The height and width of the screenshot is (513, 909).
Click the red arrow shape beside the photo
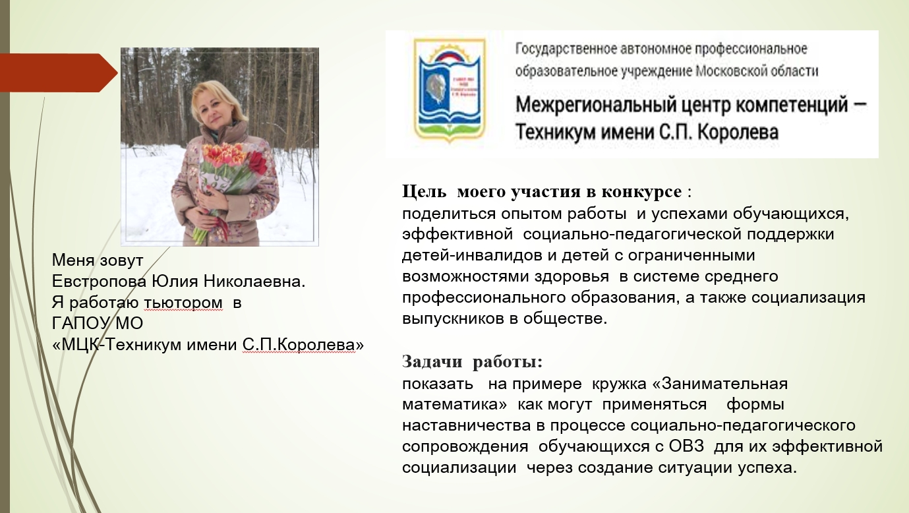tap(57, 73)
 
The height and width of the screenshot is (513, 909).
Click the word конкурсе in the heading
tap(641, 192)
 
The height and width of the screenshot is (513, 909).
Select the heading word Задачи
tap(432, 361)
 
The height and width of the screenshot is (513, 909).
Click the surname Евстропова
tap(99, 282)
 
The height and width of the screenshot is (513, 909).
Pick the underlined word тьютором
tap(183, 303)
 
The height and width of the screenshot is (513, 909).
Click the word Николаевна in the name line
tap(254, 282)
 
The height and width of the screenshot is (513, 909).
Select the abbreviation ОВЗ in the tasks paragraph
tap(686, 446)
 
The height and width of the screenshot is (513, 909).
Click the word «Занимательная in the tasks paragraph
tap(720, 384)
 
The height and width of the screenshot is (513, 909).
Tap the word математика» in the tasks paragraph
tap(455, 405)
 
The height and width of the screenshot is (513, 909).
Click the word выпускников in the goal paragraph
tap(453, 318)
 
